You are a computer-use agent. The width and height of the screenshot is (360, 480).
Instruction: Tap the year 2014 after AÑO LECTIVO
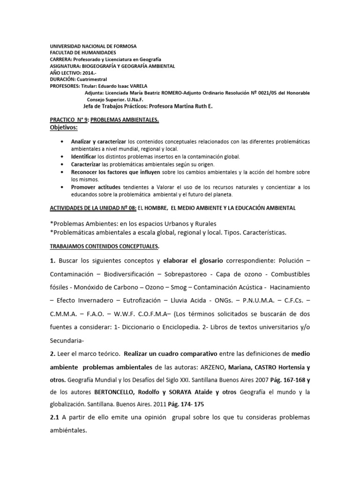coord(89,73)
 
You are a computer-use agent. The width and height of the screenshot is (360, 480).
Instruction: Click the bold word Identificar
coord(85,156)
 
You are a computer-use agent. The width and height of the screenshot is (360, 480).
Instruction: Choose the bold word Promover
coord(84,187)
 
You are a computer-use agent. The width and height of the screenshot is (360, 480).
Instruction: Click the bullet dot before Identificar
coord(63,156)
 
